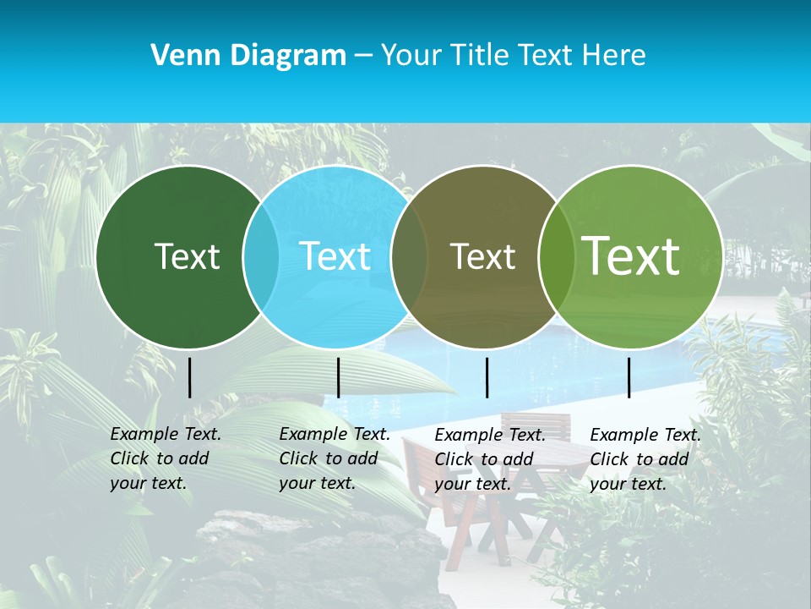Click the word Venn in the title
[180, 56]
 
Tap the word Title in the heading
[478, 56]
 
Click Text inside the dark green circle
[187, 256]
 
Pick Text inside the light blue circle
[335, 256]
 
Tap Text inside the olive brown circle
[482, 257]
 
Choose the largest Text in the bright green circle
[631, 256]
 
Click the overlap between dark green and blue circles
[261, 257]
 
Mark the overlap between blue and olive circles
[409, 257]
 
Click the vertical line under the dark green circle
[190, 377]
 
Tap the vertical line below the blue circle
[338, 377]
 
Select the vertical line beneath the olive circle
[487, 377]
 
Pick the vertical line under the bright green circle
[629, 377]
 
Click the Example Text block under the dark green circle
[165, 458]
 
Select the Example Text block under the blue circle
[334, 458]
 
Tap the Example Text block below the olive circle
[489, 459]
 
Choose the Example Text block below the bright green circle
[645, 459]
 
